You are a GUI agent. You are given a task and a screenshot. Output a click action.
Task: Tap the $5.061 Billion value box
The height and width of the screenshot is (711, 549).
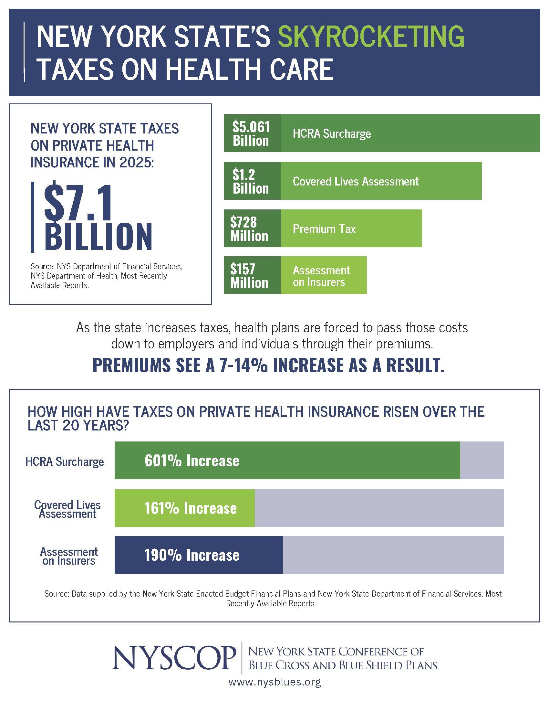click(x=253, y=133)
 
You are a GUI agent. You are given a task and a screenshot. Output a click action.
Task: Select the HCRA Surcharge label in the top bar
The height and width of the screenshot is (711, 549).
click(x=332, y=134)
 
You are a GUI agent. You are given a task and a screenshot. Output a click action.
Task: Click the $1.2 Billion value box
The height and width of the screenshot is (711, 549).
click(x=253, y=181)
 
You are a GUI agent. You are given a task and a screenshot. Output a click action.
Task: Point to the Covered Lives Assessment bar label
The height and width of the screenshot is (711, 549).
click(x=356, y=181)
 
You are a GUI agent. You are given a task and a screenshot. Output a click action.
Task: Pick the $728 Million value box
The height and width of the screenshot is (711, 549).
click(x=253, y=228)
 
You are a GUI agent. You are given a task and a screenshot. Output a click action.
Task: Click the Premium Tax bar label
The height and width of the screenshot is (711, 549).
click(x=324, y=229)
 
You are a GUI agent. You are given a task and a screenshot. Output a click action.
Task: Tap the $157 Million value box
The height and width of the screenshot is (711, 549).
click(x=253, y=275)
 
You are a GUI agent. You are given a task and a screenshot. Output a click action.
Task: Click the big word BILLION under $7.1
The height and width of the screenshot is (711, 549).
click(x=98, y=237)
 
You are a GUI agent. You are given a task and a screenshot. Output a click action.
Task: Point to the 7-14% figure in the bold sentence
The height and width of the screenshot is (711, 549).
click(x=243, y=365)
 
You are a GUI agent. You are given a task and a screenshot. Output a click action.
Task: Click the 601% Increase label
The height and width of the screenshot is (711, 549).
click(x=192, y=461)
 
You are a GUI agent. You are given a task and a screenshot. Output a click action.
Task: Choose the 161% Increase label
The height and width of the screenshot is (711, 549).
click(x=191, y=508)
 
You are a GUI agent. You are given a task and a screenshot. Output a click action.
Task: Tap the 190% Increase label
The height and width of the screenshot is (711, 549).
click(x=192, y=555)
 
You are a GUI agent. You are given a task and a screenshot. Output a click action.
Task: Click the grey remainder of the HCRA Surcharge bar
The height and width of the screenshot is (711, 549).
click(x=482, y=460)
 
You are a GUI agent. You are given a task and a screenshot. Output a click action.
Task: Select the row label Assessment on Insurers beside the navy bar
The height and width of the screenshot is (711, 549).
click(x=69, y=556)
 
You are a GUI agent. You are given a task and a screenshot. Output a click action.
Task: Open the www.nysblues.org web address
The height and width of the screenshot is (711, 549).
click(x=274, y=682)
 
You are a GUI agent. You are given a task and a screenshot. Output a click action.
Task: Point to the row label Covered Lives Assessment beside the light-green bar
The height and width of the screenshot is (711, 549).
click(x=67, y=509)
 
